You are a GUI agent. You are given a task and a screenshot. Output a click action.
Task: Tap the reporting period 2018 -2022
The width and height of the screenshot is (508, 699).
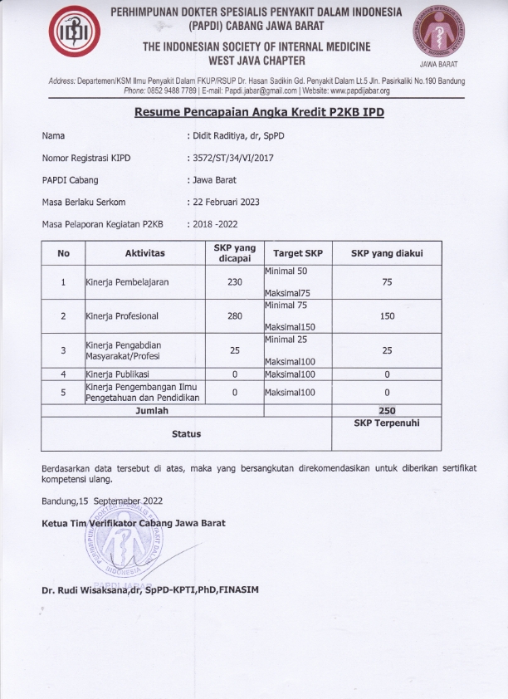click(x=214, y=224)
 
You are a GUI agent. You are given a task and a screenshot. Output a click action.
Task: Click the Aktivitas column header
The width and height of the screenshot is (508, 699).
click(x=144, y=253)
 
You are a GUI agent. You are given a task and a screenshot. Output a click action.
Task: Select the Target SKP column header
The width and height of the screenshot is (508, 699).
click(x=298, y=253)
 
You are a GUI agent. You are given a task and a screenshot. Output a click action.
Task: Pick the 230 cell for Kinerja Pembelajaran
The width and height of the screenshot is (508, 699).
click(x=234, y=282)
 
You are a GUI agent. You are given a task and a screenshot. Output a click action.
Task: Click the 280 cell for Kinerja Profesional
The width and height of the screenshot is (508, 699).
click(x=234, y=316)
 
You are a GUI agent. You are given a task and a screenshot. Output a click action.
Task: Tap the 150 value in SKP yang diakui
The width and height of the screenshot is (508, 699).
click(x=387, y=316)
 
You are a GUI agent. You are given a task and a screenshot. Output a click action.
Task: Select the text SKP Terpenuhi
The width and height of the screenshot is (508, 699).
click(x=387, y=423)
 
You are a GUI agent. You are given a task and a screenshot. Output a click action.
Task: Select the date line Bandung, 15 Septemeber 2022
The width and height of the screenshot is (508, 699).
click(x=102, y=501)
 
